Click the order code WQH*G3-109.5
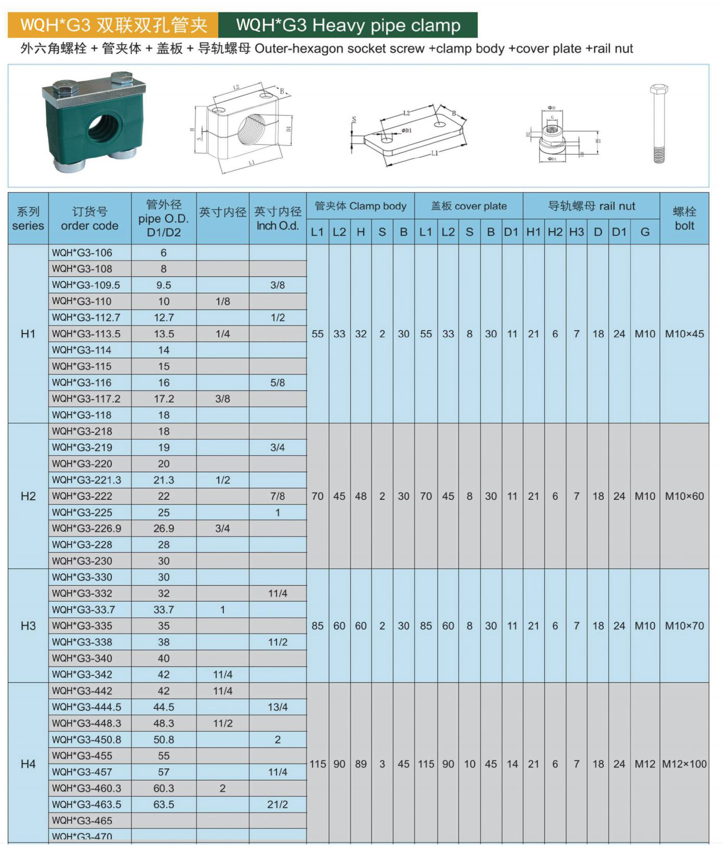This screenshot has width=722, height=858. coord(86,285)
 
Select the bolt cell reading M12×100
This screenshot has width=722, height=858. coord(684,764)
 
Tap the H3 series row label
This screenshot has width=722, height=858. coord(28,626)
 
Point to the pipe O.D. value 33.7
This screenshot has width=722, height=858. coord(164,609)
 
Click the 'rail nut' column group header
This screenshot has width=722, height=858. coord(591,206)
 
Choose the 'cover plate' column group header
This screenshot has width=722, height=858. coord(469,206)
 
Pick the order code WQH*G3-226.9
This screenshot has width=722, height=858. coord(86,528)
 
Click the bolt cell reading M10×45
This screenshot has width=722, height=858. coord(684,334)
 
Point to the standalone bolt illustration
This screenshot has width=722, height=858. coord(659,124)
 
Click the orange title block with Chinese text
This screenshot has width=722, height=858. coord(113,25)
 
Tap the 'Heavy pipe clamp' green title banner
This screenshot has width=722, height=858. coord(348,25)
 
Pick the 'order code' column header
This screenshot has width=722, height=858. coord(90,218)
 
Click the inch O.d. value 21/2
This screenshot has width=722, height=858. coord(278,804)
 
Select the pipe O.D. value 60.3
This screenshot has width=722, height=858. coord(164,788)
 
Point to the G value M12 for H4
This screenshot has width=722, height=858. coord(645,764)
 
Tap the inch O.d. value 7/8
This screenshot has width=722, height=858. coord(278,496)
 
